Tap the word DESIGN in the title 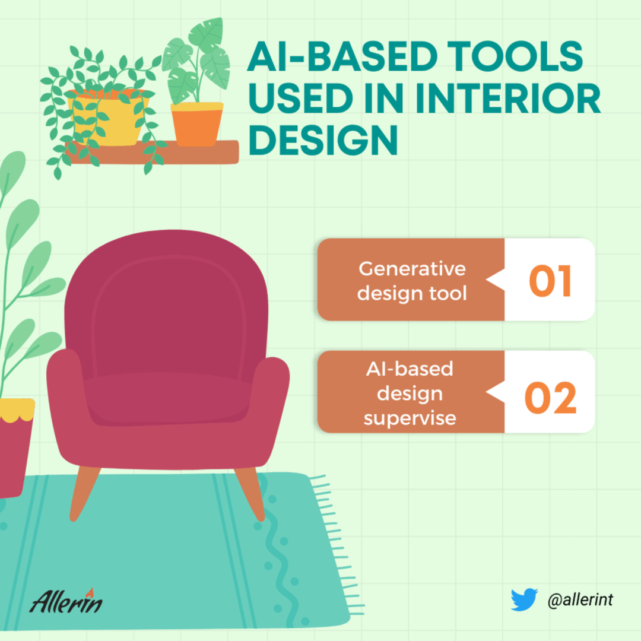pos(323,140)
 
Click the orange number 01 pos(550,281)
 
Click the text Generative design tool pos(412,281)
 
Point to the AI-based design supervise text pos(410,394)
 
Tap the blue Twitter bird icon pos(524,599)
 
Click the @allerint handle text pos(580,599)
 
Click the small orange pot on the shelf pos(197,124)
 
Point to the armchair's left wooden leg pos(84,493)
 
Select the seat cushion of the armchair pos(167,399)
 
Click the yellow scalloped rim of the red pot pos(17,410)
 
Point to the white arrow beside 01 pos(496,280)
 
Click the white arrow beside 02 pos(496,392)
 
